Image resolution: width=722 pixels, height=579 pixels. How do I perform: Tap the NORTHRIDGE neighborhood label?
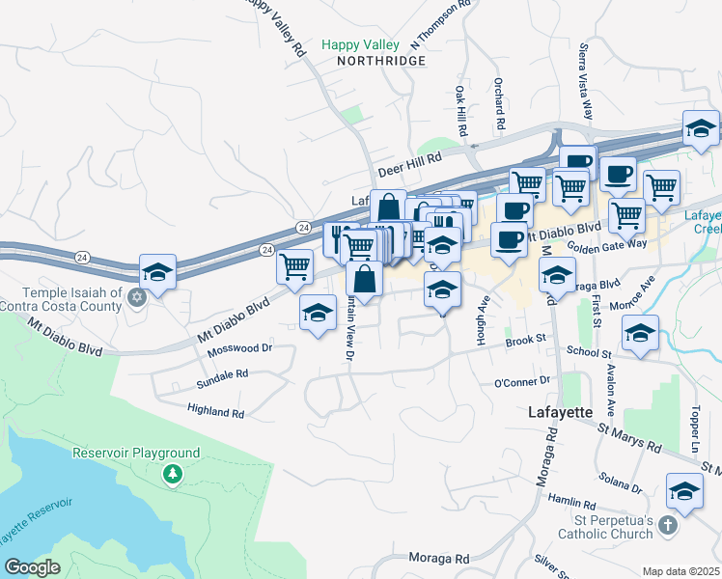381,61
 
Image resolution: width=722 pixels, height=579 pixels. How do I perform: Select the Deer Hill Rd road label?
409,163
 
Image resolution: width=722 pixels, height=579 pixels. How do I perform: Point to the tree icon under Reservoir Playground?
172,473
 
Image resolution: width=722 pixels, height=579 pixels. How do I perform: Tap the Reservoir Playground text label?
136,453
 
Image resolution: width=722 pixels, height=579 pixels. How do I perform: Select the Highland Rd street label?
217,412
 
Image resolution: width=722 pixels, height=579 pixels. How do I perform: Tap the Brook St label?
528,340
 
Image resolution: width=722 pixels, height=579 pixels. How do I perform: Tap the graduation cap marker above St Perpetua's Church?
684,492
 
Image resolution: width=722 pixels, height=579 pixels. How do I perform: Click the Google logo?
32,567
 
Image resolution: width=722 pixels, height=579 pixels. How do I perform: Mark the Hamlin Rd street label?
573,503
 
